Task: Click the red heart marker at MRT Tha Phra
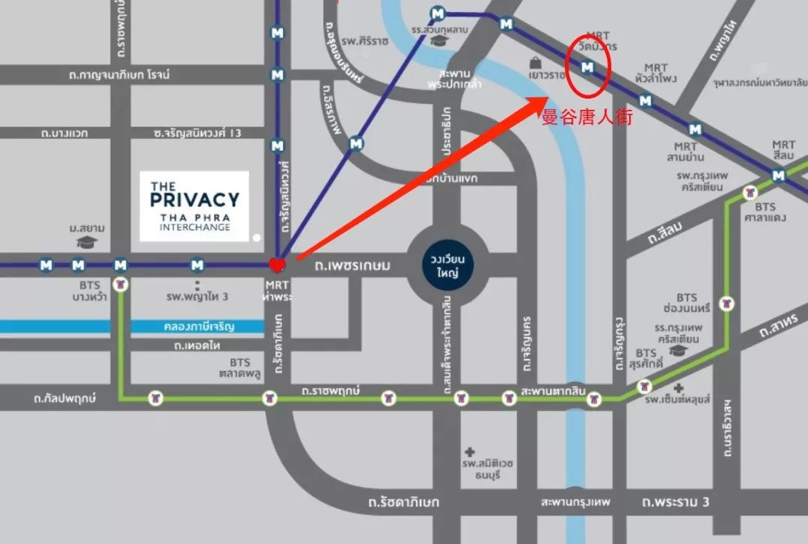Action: [277, 264]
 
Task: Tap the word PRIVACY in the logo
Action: [195, 200]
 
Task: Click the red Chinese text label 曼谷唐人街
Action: [587, 118]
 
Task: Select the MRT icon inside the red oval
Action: [588, 68]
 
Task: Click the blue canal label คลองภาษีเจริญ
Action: [198, 327]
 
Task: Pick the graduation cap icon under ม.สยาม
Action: [88, 242]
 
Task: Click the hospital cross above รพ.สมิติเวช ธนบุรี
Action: [470, 452]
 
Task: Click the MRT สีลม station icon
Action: [779, 176]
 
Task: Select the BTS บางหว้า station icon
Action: [120, 284]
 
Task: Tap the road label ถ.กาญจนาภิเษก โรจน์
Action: [120, 75]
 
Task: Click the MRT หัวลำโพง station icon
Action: [646, 100]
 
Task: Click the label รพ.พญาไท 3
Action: [198, 297]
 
